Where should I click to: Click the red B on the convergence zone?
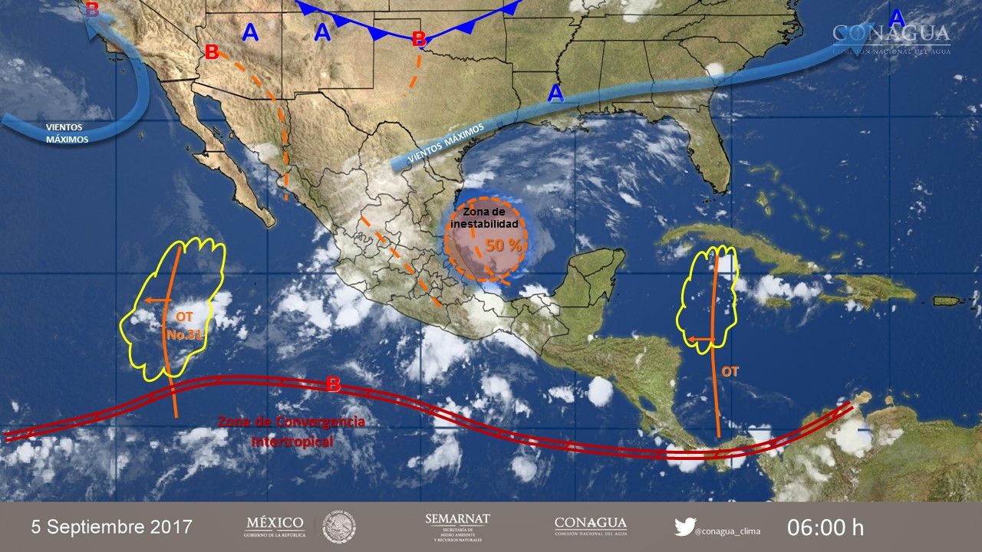(x=333, y=385)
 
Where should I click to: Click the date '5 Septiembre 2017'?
(x=112, y=527)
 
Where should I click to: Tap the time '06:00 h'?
(x=825, y=527)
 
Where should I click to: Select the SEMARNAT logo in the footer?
(x=457, y=527)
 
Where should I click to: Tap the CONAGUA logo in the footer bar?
(x=590, y=526)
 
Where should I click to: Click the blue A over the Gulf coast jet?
(x=555, y=94)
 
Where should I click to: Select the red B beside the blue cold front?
(x=419, y=38)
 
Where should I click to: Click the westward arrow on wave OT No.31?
(x=157, y=301)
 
